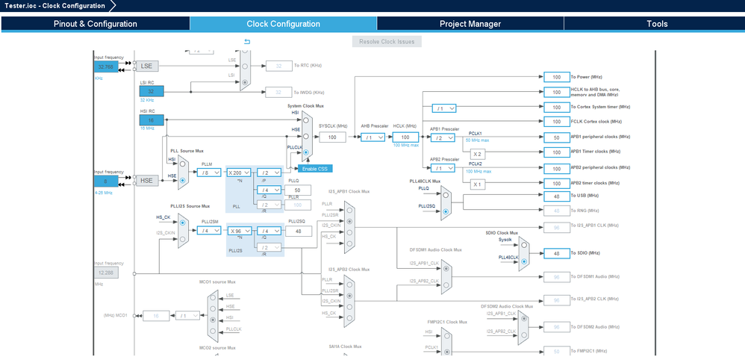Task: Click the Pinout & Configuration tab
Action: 95,24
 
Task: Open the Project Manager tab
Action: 470,24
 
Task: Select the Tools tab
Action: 657,24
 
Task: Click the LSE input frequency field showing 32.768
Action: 106,66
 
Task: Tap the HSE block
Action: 146,181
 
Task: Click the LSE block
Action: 146,66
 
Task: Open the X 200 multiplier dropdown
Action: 239,172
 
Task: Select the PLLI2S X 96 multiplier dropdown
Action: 239,231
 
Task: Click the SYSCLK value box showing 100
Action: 332,137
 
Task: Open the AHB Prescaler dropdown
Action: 371,137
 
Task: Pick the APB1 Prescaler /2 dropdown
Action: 441,138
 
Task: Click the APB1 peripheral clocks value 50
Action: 556,137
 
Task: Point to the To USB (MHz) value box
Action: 556,196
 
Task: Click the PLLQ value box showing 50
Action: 298,190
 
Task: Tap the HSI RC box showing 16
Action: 151,120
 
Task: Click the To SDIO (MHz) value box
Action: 556,253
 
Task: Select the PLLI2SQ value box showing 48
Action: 298,231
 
